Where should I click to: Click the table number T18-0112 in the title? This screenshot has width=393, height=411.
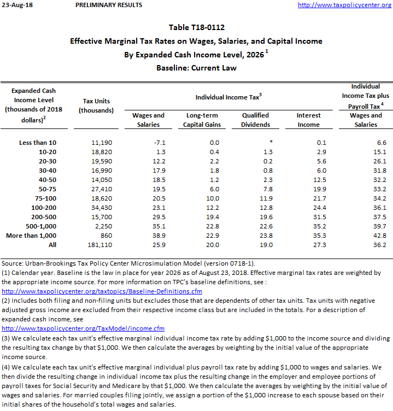196,27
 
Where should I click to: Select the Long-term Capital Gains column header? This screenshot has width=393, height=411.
198,120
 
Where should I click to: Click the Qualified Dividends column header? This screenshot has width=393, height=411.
255,120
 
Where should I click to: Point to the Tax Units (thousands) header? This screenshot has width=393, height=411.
96,105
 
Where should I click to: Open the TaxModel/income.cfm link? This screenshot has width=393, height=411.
83,328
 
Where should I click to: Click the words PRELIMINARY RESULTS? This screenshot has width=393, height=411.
109,5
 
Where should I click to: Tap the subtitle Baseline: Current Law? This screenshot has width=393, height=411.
196,68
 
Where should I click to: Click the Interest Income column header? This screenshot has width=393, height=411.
308,120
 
